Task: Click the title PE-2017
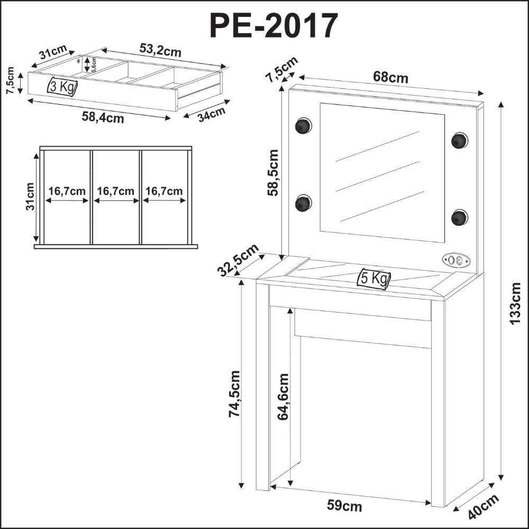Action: pos(273,26)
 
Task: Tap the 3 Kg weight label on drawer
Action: pos(62,87)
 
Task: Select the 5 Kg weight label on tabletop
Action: pos(374,278)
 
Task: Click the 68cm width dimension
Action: pos(390,77)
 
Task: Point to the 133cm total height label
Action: pos(515,304)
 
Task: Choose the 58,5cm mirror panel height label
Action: pos(272,173)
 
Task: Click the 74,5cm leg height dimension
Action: pos(234,394)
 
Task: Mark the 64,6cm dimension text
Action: pos(283,397)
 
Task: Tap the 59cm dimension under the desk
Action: pos(344,506)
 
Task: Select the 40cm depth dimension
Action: pos(484,507)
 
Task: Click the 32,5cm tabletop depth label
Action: pos(238,260)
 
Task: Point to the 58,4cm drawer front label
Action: pos(103,118)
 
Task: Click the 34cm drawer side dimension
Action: pos(212,114)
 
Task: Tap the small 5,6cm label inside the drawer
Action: pos(94,65)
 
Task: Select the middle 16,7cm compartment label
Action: pos(116,191)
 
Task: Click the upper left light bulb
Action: pos(303,126)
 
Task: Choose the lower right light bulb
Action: pos(460,217)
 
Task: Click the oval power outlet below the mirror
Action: pos(456,260)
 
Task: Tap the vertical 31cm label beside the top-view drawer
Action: pos(30,197)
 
